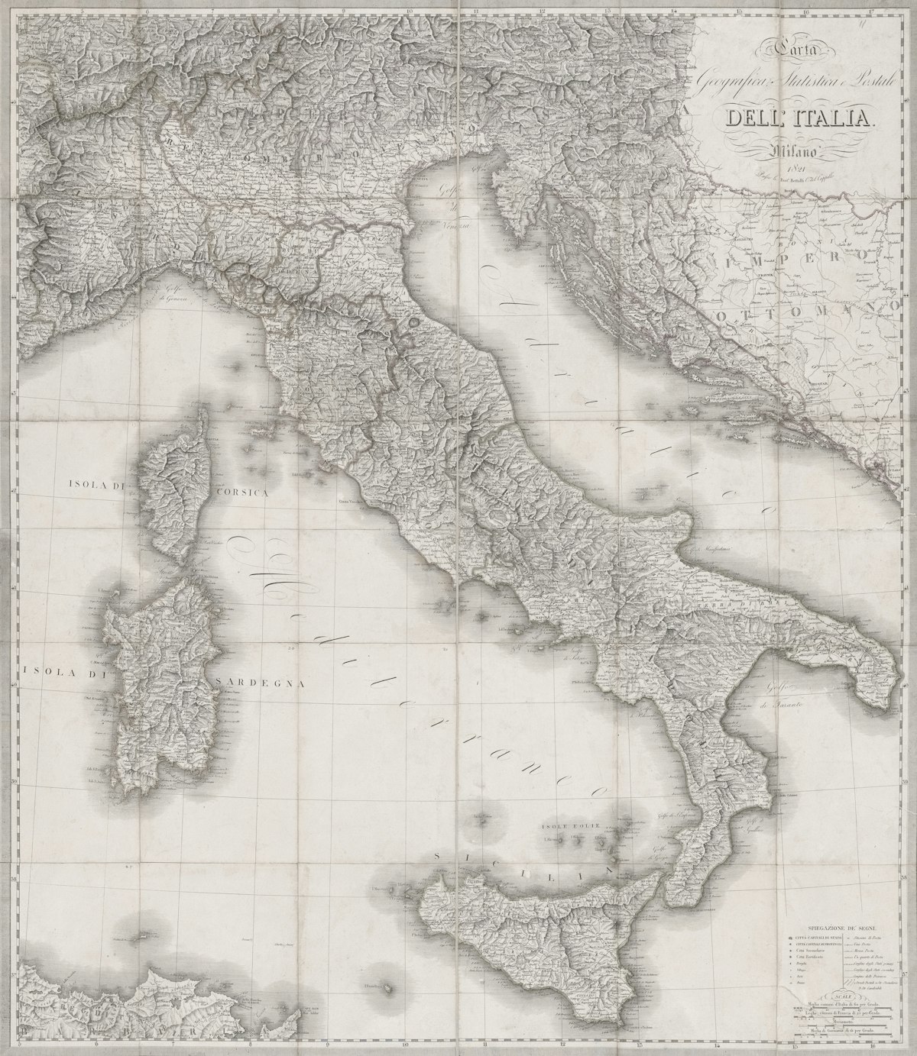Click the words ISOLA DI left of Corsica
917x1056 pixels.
click(x=97, y=484)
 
